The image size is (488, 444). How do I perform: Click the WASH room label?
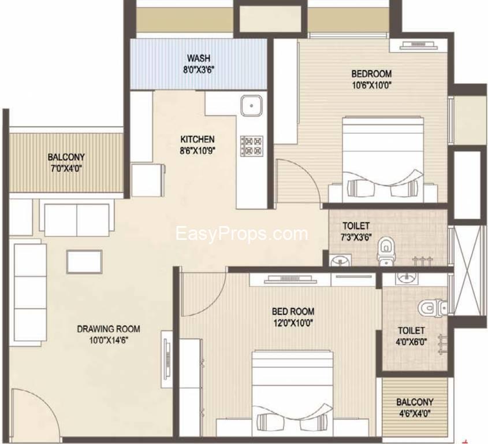(198, 58)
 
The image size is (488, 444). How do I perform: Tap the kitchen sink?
(251, 107)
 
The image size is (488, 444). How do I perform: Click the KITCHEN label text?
(198, 139)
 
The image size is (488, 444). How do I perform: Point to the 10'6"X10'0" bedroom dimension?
(372, 84)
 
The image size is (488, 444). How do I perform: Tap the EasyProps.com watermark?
(242, 234)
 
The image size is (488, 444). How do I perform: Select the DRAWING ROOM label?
(109, 329)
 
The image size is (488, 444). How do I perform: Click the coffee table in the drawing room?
(84, 261)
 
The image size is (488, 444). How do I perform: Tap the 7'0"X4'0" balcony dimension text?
(66, 168)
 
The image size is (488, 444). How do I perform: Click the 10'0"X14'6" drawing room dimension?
(109, 340)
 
